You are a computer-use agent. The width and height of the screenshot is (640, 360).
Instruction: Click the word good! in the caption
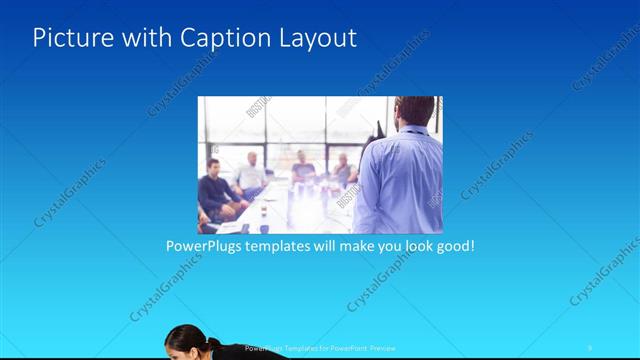453,245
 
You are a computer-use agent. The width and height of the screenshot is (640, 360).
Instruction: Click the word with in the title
148,39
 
